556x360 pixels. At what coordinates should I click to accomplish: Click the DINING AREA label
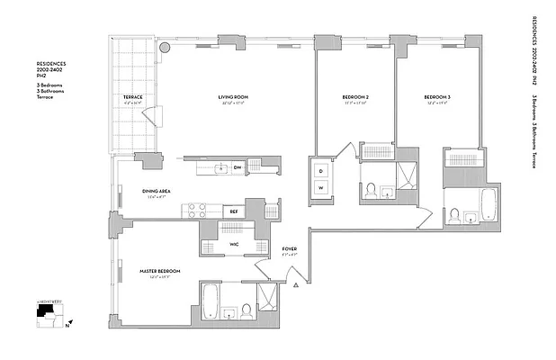pyautogui.click(x=157, y=191)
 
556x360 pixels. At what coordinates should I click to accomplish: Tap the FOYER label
pyautogui.click(x=290, y=249)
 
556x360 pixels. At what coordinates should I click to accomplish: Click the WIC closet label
pyautogui.click(x=233, y=245)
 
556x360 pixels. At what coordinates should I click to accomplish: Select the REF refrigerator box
pyautogui.click(x=234, y=211)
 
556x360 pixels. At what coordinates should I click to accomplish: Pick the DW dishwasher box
pyautogui.click(x=238, y=168)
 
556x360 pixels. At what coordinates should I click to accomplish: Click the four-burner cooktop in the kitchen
pyautogui.click(x=196, y=211)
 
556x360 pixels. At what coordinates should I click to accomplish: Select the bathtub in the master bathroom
pyautogui.click(x=209, y=303)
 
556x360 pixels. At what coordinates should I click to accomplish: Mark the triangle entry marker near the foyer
pyautogui.click(x=295, y=285)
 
